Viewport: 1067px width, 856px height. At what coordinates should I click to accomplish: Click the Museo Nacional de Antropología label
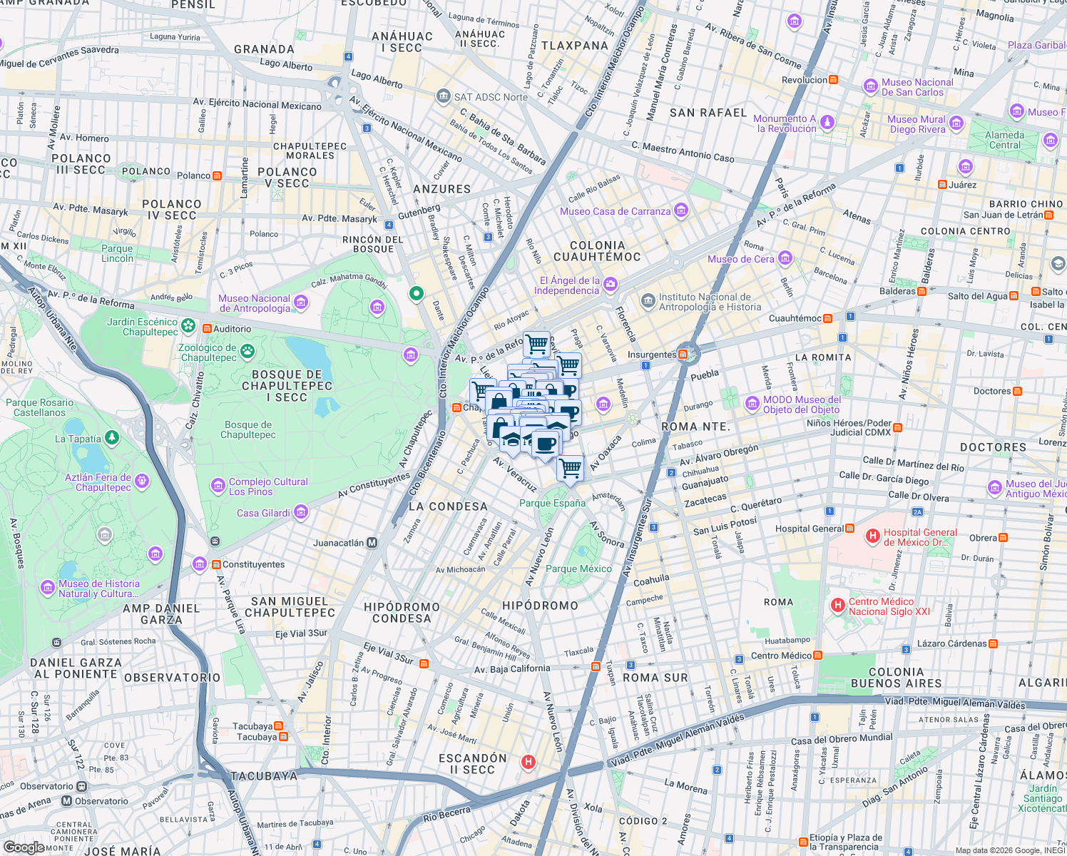pyautogui.click(x=254, y=304)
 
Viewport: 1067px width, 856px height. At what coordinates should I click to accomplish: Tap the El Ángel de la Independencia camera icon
pyautogui.click(x=611, y=285)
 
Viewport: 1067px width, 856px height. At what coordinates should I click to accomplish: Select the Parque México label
pyautogui.click(x=578, y=569)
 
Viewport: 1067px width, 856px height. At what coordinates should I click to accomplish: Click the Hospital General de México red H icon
pyautogui.click(x=872, y=536)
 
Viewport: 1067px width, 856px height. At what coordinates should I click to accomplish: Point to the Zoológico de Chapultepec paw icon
pyautogui.click(x=247, y=351)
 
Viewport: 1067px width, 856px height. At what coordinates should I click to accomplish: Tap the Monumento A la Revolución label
pyautogui.click(x=786, y=124)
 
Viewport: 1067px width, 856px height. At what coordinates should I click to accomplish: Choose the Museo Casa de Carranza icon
pyautogui.click(x=681, y=210)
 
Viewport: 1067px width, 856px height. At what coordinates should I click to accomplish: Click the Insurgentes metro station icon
pyautogui.click(x=683, y=354)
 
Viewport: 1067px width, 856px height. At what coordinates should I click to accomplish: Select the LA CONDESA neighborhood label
pyautogui.click(x=448, y=506)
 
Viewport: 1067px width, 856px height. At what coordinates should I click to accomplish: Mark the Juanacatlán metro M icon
pyautogui.click(x=372, y=543)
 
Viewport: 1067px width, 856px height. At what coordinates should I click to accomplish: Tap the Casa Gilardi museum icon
pyautogui.click(x=301, y=512)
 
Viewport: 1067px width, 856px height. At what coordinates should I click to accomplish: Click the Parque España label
pyautogui.click(x=552, y=503)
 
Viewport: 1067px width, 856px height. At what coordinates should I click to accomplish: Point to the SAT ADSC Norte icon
pyautogui.click(x=444, y=96)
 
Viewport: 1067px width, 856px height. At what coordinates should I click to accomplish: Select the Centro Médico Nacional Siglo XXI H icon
pyautogui.click(x=838, y=606)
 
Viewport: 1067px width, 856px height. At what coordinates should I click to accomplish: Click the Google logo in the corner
pyautogui.click(x=24, y=847)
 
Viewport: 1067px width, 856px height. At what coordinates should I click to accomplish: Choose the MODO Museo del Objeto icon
pyautogui.click(x=752, y=404)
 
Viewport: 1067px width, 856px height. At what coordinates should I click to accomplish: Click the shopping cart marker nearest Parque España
pyautogui.click(x=570, y=469)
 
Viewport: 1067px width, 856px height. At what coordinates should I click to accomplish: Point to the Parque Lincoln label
pyautogui.click(x=117, y=253)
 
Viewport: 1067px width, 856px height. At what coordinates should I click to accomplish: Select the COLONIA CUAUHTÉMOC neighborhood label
pyautogui.click(x=597, y=251)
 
